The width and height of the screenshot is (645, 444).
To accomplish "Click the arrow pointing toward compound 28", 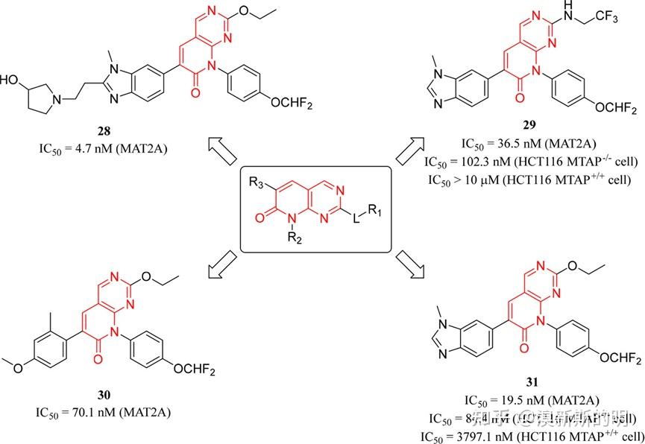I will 223,151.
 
